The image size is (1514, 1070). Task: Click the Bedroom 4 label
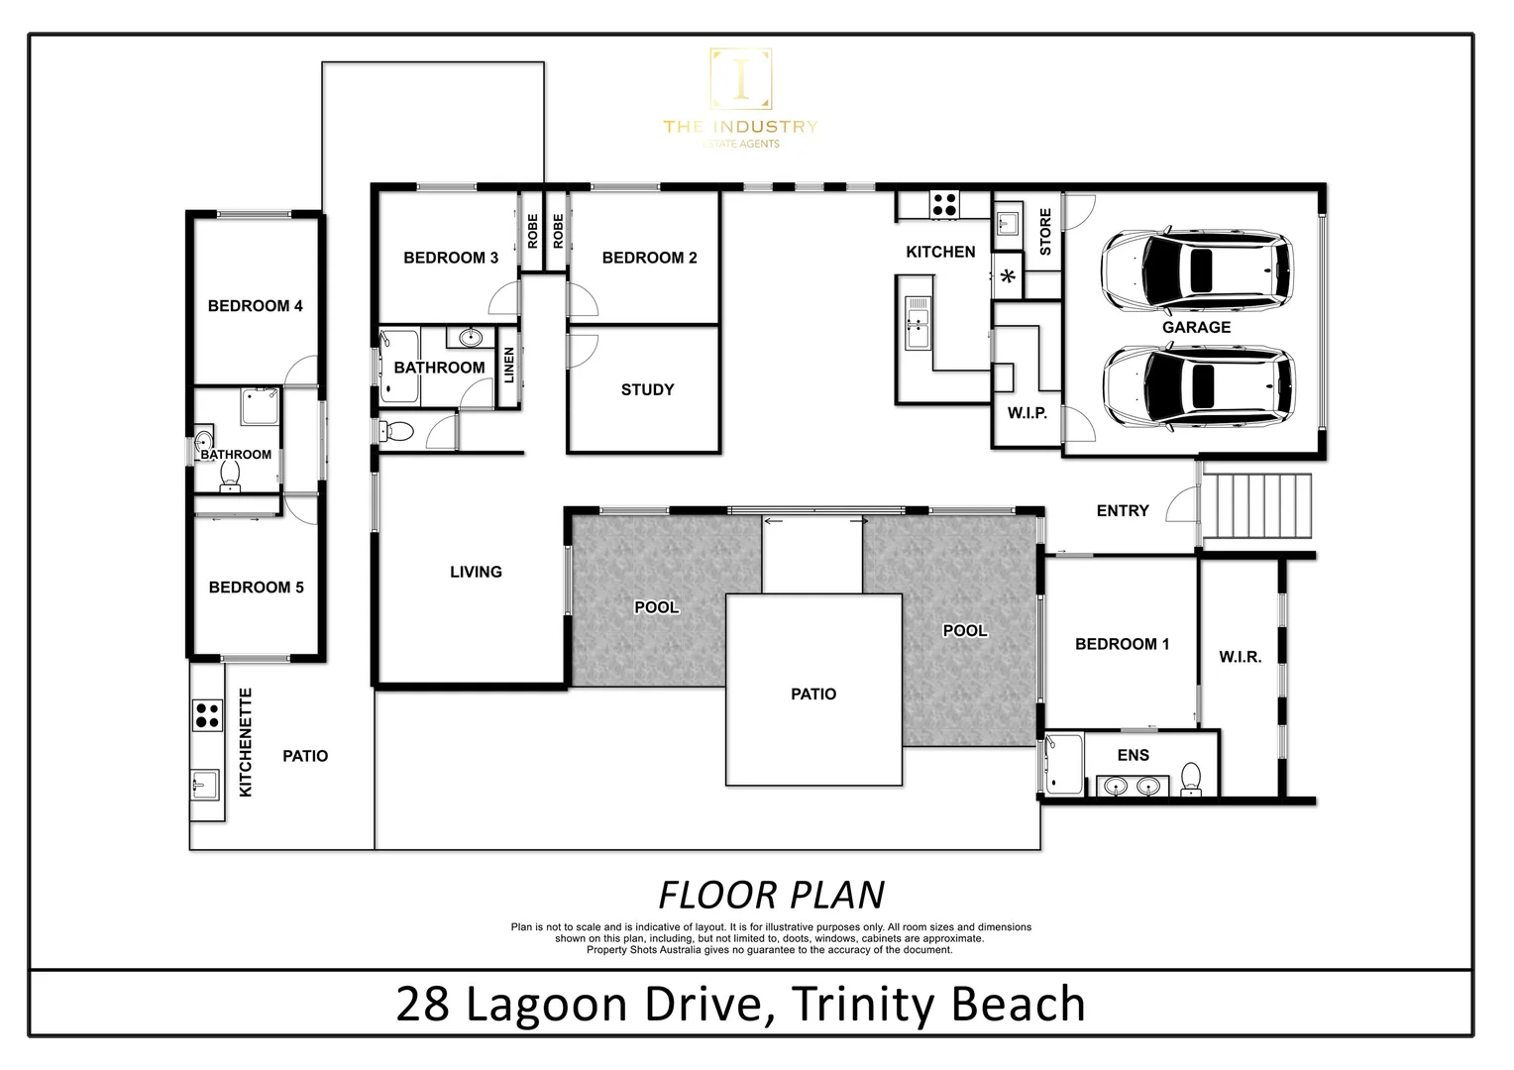coord(255,306)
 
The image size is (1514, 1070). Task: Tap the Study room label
coord(647,390)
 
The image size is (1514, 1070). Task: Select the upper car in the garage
coord(1196,268)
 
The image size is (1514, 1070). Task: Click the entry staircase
coord(1256,506)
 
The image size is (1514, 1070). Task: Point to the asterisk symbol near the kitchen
coord(1009,278)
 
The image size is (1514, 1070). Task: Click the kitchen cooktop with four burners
coord(944,204)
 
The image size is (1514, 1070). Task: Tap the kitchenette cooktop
coord(207,715)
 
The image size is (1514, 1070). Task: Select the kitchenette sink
coord(204,784)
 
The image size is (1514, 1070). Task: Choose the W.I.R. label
coord(1240,657)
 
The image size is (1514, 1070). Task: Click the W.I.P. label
coord(1027,413)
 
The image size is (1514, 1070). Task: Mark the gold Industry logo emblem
coord(740,80)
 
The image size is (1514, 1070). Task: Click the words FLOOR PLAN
coord(771,895)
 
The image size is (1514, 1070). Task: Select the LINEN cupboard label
coord(509,365)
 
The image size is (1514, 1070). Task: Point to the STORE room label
coord(1045,232)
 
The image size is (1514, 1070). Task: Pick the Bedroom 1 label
coord(1122,644)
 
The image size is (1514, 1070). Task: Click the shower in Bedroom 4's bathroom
coord(260,406)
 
